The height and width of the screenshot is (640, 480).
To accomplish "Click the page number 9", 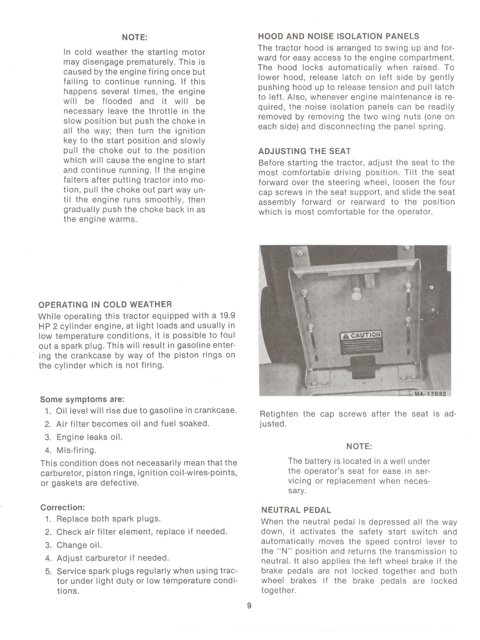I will coord(249,606).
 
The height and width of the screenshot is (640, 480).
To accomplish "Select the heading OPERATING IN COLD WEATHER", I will coord(105,304).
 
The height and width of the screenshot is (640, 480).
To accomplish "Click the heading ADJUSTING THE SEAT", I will coord(304,151).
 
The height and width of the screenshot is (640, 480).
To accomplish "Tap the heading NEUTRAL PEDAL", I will coord(296,510).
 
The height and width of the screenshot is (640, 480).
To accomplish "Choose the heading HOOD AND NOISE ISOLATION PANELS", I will coord(339,36).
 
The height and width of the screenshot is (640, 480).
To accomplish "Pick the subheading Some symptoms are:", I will coord(82,399).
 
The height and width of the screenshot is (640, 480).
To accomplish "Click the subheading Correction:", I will coord(63,507).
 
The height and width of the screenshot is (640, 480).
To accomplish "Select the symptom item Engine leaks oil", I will coord(89,437).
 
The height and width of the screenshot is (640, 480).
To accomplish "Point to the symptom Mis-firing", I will coord(76,450).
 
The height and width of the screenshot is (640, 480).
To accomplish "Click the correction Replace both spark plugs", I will coord(108,519).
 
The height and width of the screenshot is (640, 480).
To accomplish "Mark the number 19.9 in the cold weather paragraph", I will coord(227,316).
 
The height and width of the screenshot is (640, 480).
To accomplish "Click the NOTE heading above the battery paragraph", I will coord(359,446).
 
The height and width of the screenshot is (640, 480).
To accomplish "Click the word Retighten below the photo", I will coord(279,414).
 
